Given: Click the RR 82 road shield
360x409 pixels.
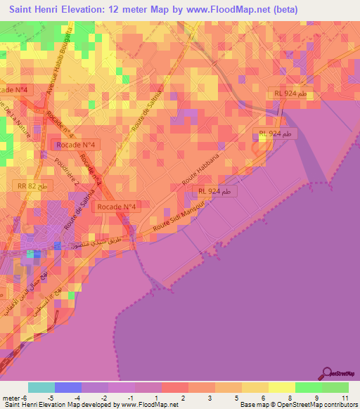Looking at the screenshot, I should point(32,186).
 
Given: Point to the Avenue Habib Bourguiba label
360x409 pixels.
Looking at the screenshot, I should point(58,63).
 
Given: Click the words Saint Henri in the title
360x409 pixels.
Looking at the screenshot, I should point(36,10).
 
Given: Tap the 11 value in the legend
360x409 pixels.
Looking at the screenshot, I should point(344,398).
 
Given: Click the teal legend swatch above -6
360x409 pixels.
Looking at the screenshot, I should point(41,387).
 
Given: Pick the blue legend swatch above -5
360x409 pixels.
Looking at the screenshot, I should point(67,387).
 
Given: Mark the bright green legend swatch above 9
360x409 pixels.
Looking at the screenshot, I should point(309,387).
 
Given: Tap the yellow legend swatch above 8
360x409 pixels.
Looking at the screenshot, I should point(282,387).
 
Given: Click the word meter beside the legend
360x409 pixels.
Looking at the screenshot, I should point(11,398).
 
